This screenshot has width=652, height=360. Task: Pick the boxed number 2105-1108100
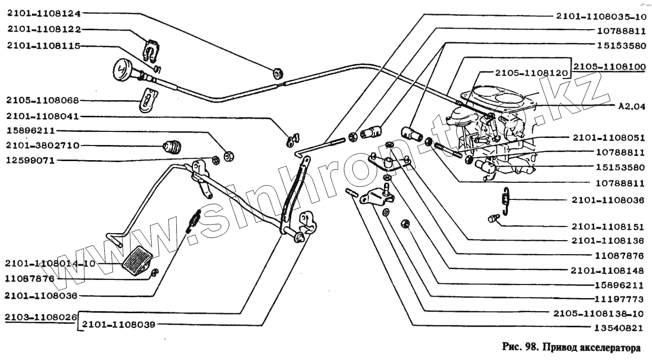pos(609,66)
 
